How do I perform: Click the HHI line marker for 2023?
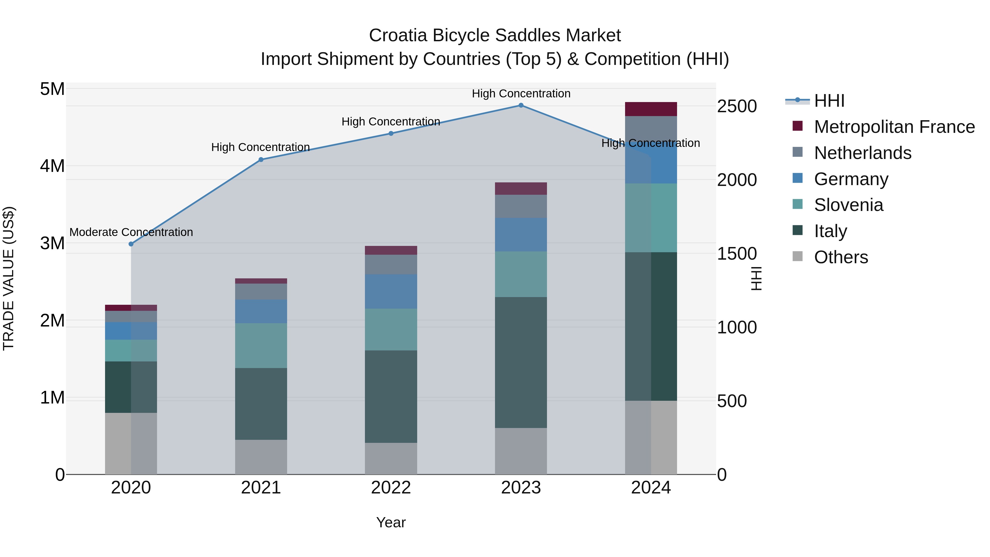521,105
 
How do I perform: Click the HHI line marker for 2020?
131,244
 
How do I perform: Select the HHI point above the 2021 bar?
261,160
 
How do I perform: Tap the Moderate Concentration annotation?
131,232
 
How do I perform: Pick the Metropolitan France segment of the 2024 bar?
651,109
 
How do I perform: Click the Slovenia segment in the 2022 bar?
391,330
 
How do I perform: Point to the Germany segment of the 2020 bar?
131,331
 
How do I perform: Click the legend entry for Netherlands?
862,153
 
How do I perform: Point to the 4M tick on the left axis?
52,166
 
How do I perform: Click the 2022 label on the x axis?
391,488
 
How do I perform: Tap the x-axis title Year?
391,522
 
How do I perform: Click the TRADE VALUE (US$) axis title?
9,278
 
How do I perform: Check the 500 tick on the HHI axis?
732,401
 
